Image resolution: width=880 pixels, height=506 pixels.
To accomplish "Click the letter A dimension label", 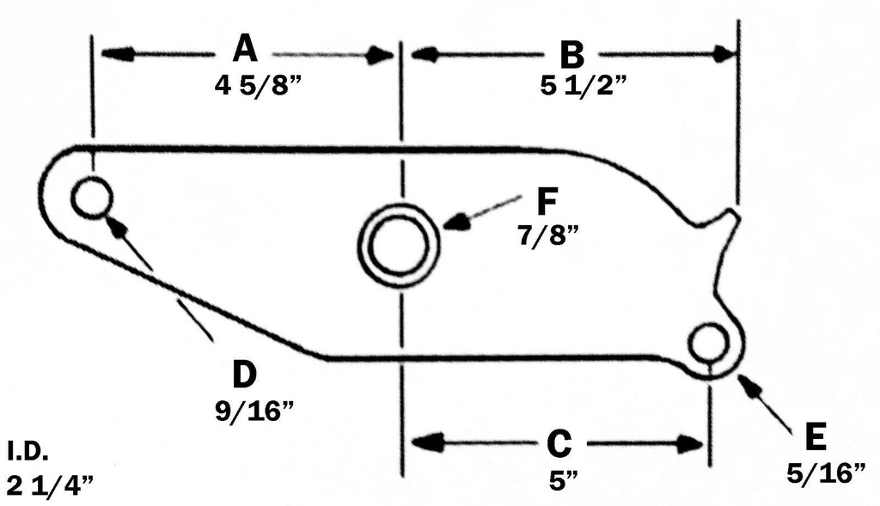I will [245, 50].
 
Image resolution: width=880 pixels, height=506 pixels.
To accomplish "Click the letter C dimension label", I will [559, 444].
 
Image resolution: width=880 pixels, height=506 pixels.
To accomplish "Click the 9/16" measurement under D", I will [254, 408].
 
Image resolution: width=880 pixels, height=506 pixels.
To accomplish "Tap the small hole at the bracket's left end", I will [92, 199].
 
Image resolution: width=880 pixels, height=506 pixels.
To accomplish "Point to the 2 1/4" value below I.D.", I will [50, 485].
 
